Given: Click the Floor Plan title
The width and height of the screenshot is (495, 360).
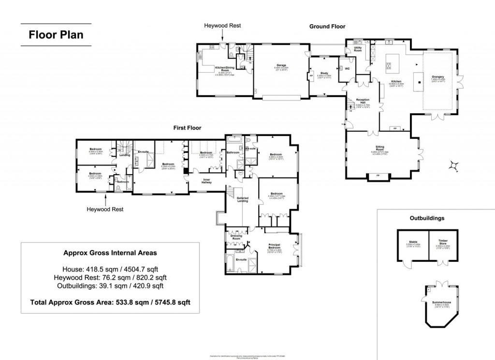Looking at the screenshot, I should coord(56,35).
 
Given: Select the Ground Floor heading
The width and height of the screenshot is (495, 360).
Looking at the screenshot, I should coord(327,27).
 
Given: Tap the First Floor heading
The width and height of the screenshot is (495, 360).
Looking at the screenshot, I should coord(188,128).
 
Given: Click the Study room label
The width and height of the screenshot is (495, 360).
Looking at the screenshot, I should coord(324,73).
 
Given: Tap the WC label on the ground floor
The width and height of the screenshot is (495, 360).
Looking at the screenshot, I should coord(347,69).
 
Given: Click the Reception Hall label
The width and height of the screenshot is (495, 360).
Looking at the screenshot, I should coord(363,101).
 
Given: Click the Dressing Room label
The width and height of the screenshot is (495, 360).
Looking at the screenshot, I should coord(236,237).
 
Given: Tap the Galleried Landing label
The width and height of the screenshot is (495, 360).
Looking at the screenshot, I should coord(242,199).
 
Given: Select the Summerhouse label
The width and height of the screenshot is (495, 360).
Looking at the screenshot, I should coord(440,302).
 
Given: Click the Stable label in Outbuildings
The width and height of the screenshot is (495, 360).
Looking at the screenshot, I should coord(413,241).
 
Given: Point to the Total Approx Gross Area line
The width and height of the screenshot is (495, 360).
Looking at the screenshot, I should coord(110,302).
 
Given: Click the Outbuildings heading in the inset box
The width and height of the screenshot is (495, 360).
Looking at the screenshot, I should coord(426,218).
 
